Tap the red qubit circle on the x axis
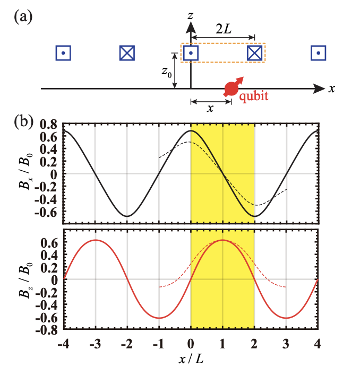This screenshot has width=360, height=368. coord(232,89)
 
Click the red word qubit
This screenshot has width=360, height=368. coord(253,97)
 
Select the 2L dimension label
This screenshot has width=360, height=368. coord(224,30)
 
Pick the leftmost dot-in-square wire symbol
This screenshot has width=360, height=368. coord(63,53)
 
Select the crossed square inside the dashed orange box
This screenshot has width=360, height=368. coord(255,53)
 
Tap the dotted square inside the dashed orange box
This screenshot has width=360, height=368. coord(191,53)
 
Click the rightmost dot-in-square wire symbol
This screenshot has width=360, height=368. coord(318,53)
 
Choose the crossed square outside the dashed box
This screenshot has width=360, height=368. coord(127,53)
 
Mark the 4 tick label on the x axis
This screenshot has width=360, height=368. coord(318,341)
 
